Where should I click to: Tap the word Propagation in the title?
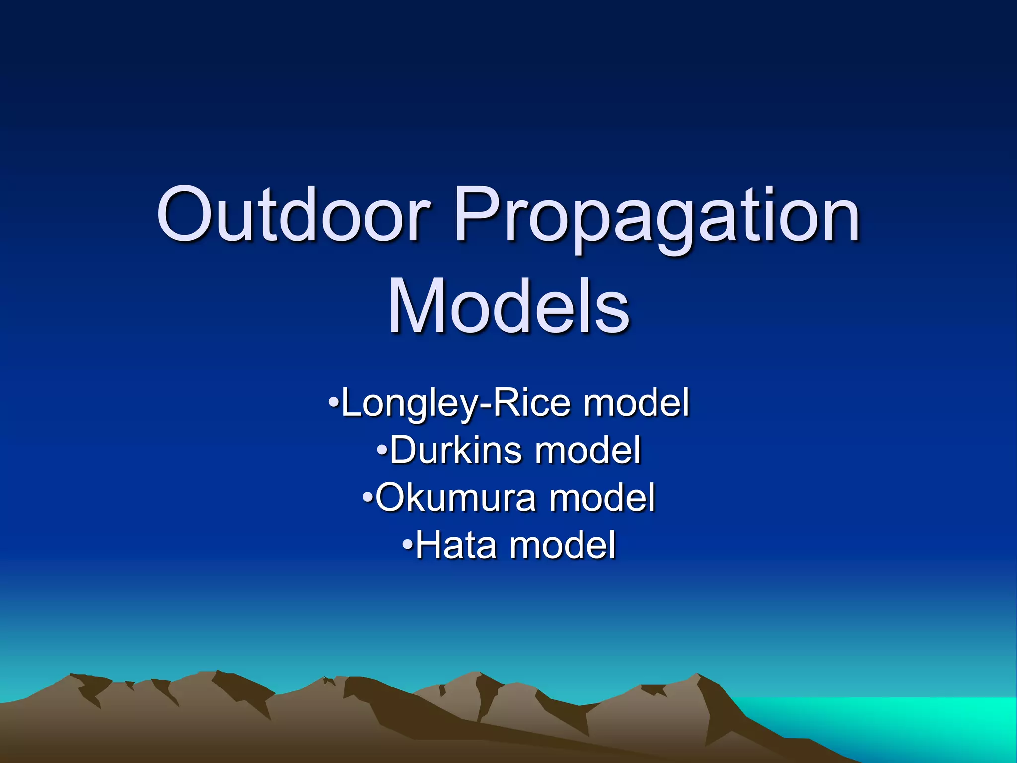pos(657,219)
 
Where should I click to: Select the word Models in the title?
pos(508,305)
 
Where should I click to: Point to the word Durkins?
pos(455,450)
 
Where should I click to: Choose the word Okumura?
pos(455,497)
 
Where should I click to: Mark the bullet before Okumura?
pos(367,497)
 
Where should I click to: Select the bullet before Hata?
pos(407,545)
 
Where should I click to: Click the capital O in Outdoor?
pos(187,215)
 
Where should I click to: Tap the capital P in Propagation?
pos(476,215)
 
